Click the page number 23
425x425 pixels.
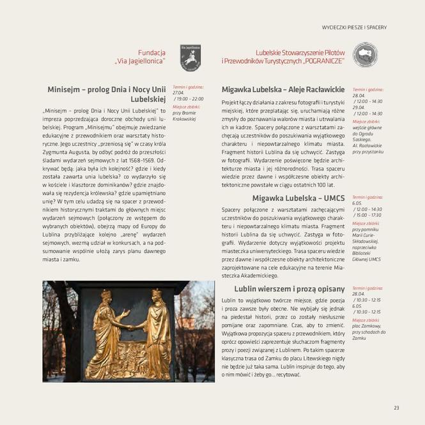pos(396,408)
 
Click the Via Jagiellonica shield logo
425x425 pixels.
pos(190,57)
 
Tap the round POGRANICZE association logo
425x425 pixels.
pos(365,56)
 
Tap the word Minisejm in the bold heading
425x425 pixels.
pos(68,89)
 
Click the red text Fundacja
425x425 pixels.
pos(152,52)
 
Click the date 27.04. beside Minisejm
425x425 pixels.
pos(178,93)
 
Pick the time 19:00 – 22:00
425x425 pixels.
pos(189,99)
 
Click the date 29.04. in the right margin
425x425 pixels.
pos(359,107)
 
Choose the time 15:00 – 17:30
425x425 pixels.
pos(368,215)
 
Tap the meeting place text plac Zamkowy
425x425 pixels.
pos(364,325)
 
